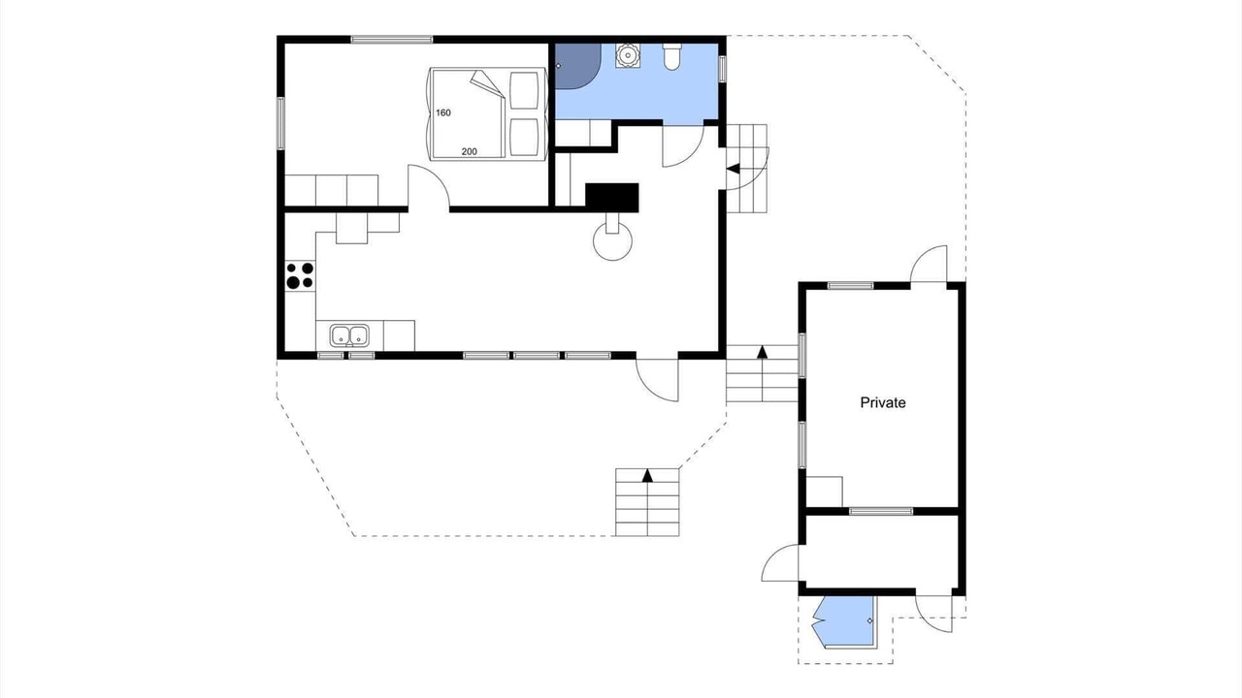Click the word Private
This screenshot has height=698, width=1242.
tap(883, 402)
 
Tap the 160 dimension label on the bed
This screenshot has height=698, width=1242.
tap(443, 113)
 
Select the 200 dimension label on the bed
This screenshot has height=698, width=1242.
tap(469, 151)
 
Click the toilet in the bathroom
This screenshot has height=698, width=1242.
tap(671, 57)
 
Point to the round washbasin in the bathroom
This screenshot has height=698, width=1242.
tap(627, 55)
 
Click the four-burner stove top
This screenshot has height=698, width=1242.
tap(300, 275)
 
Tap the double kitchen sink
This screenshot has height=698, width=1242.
tap(349, 335)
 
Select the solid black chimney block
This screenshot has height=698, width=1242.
tap(612, 197)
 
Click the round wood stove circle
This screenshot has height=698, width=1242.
tap(612, 241)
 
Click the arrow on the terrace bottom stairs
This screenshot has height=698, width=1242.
tap(647, 475)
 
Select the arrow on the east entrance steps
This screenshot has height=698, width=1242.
tap(733, 169)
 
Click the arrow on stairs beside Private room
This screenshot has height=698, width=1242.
tap(763, 352)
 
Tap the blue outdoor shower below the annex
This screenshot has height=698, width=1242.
tap(843, 621)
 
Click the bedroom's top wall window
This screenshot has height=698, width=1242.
tap(391, 40)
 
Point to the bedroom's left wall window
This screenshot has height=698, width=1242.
tap(280, 123)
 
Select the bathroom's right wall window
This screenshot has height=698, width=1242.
tap(723, 69)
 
